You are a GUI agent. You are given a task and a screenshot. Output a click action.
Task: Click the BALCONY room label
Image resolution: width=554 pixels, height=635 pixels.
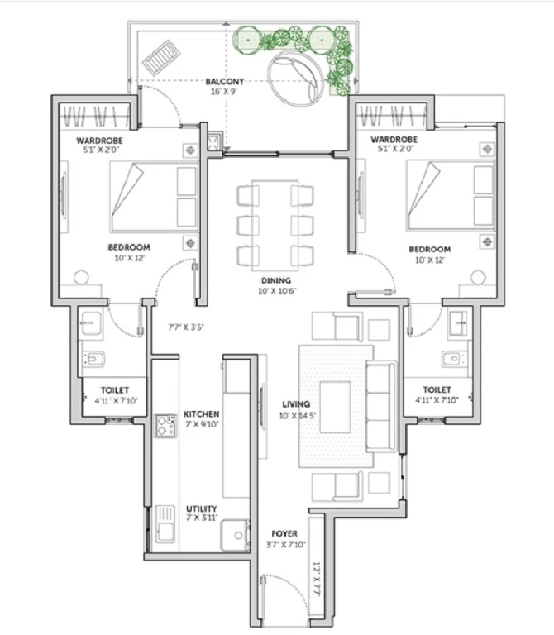tap(225, 81)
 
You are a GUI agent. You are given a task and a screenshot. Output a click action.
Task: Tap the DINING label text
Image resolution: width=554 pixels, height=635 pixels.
tap(276, 280)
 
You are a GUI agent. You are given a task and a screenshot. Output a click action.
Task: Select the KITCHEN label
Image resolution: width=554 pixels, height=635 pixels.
tap(201, 414)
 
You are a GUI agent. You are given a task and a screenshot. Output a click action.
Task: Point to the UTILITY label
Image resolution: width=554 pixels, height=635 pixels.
tap(201, 508)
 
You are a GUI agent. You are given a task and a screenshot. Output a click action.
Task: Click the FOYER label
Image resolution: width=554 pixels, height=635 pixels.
tap(284, 534)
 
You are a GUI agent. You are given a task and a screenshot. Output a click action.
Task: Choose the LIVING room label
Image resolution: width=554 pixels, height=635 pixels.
tap(296, 404)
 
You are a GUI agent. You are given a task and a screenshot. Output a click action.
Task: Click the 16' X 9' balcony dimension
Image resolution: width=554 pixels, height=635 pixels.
tap(223, 92)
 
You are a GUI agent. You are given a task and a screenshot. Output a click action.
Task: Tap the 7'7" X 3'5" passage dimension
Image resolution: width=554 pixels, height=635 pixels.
tap(186, 327)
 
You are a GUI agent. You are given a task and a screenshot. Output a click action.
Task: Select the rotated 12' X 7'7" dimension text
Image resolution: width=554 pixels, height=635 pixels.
tap(317, 578)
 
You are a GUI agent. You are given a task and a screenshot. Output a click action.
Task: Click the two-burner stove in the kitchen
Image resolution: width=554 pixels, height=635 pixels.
tap(165, 426)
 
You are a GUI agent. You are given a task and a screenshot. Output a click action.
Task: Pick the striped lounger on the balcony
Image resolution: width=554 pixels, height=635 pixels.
tap(161, 58)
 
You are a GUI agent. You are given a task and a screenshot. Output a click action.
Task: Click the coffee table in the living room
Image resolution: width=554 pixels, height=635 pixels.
tap(336, 407)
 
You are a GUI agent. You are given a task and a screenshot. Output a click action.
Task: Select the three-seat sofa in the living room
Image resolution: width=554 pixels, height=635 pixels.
tap(380, 406)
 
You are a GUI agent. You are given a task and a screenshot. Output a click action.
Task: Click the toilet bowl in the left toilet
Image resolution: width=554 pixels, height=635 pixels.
tap(94, 359)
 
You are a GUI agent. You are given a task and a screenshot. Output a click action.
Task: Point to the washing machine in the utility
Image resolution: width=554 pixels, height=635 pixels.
tap(235, 536)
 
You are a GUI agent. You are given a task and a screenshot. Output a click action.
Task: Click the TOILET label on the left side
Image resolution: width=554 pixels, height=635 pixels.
tap(115, 390)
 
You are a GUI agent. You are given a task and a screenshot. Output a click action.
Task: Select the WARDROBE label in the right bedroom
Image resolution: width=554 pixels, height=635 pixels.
tap(394, 139)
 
